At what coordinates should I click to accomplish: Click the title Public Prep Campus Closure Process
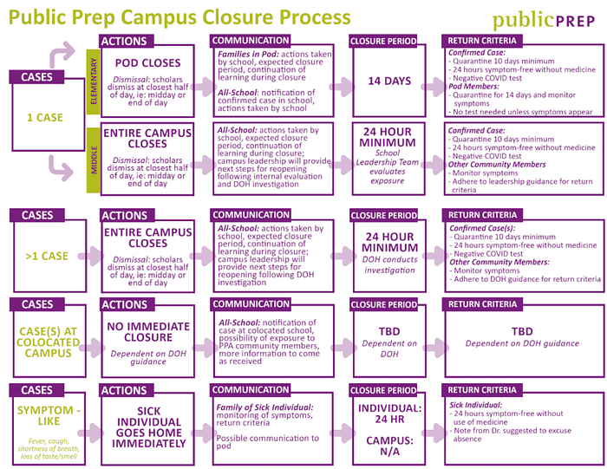click(181, 17)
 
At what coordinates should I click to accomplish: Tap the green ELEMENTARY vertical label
click(94, 82)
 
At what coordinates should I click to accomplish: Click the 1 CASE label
click(42, 116)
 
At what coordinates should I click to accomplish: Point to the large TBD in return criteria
click(522, 331)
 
